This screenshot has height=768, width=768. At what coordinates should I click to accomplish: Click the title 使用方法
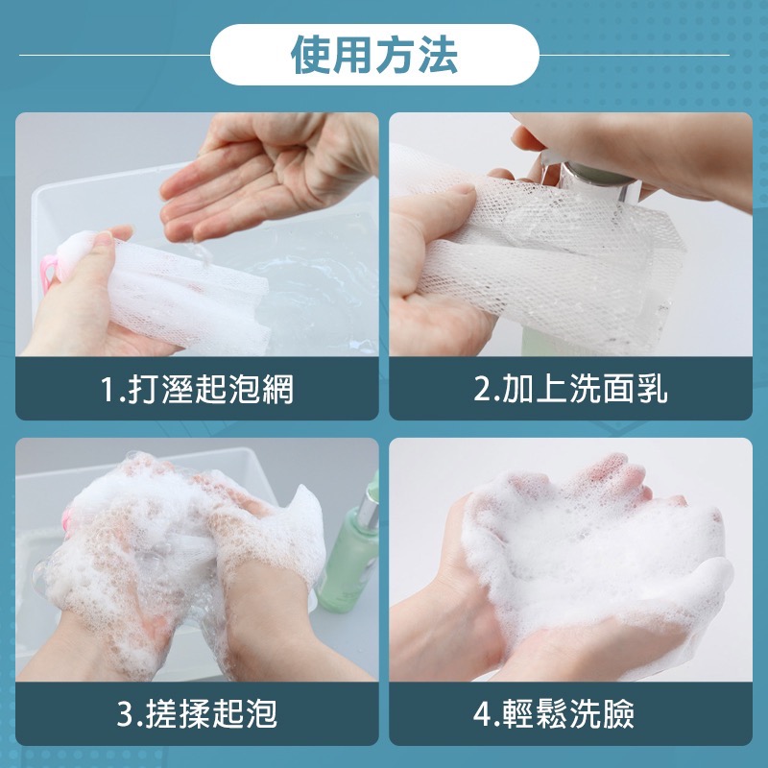click(x=374, y=57)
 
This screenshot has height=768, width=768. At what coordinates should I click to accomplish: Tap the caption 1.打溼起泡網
click(x=197, y=389)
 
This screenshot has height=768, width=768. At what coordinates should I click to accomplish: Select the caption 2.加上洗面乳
click(x=571, y=389)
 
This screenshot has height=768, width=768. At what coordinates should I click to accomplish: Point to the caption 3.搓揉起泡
click(x=197, y=714)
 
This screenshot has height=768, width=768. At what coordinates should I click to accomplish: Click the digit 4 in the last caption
click(x=482, y=715)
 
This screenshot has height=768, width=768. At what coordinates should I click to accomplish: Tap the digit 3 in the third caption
click(x=125, y=715)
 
